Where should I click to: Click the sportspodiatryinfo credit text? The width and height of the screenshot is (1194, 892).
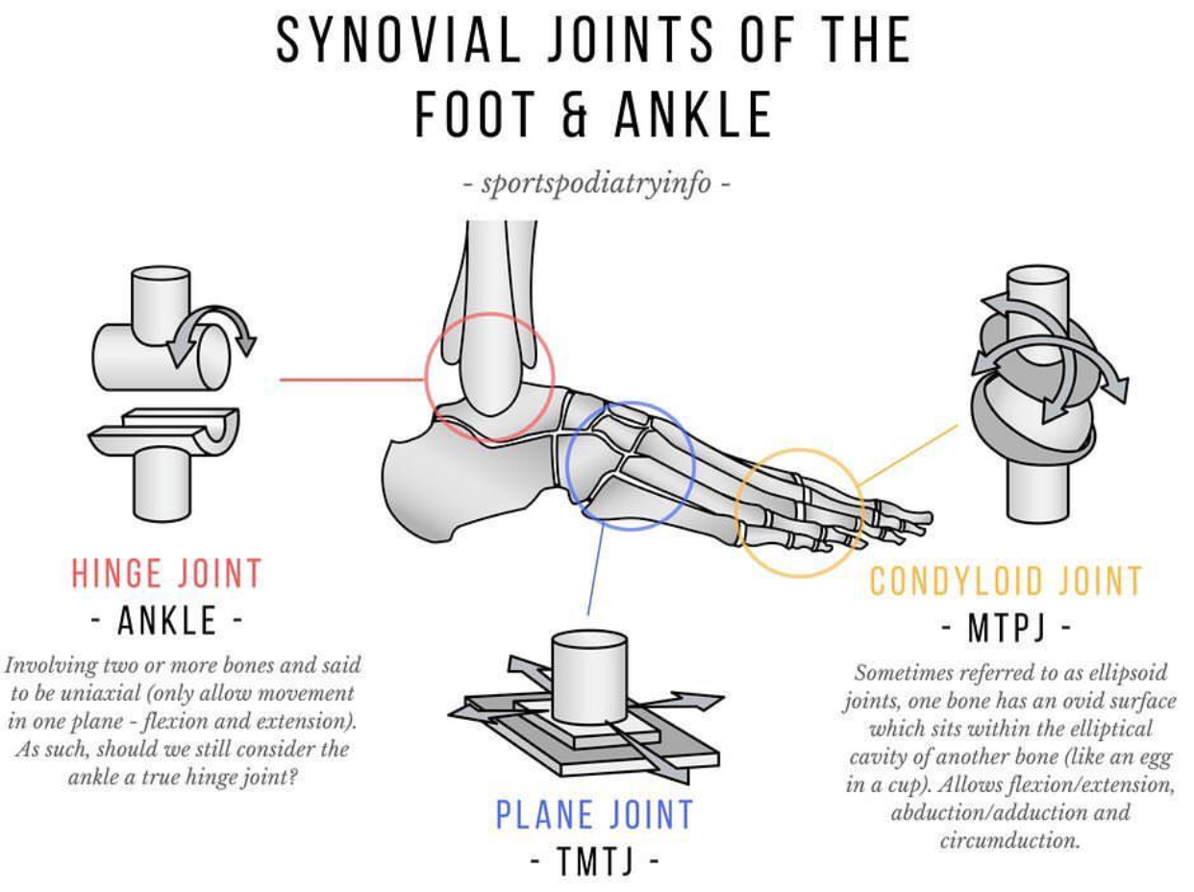click(x=596, y=183)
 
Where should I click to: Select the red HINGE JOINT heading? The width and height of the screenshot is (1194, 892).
click(x=166, y=574)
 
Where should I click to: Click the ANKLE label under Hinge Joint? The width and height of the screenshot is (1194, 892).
click(x=166, y=621)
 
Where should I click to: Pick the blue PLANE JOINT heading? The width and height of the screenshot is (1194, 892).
click(x=594, y=815)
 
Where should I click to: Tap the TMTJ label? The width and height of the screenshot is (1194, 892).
click(x=595, y=862)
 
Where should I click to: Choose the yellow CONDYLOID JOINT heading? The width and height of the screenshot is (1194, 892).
click(x=1006, y=582)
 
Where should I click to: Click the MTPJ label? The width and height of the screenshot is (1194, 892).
click(x=1006, y=631)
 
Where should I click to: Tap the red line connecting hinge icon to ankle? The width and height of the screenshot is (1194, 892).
click(x=351, y=380)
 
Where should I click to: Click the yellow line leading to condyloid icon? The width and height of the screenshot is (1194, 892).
click(x=908, y=452)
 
